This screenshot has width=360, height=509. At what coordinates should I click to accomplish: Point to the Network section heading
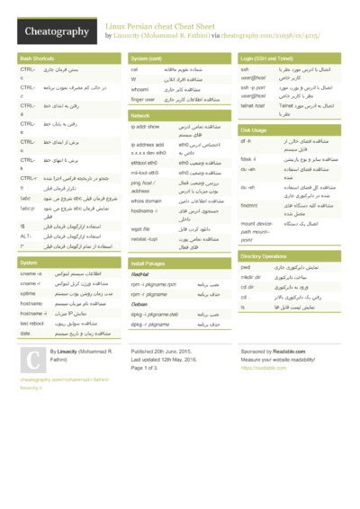140,116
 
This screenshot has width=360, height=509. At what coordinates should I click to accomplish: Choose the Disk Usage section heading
254,130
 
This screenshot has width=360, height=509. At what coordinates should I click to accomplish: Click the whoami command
140,89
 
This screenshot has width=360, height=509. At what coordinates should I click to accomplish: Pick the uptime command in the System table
28,294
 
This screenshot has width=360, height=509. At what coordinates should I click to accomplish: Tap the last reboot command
31,322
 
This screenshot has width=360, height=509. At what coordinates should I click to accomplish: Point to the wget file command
141,228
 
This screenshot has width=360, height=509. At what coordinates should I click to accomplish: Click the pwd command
246,267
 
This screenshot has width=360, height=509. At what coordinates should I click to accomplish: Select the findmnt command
249,206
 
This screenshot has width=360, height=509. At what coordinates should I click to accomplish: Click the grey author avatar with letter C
32,362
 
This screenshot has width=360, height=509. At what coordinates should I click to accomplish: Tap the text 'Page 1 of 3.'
149,368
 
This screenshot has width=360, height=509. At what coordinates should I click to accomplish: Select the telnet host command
254,105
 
